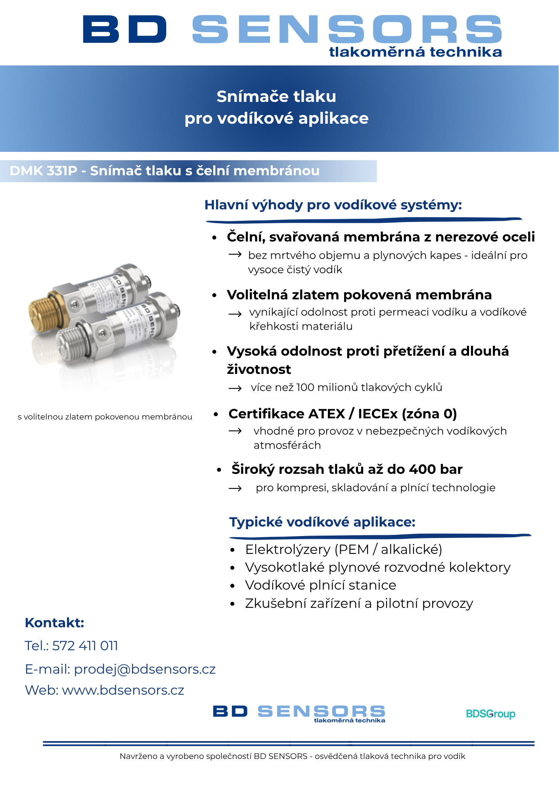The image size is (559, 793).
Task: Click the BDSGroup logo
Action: point(490,714)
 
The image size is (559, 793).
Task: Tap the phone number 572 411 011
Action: point(85,646)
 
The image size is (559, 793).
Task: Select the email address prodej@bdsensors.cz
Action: point(145,669)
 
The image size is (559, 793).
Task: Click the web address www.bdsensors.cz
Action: point(123,690)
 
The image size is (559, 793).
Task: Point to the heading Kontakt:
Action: point(54,623)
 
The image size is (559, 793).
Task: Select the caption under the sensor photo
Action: point(105,417)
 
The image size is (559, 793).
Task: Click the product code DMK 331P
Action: point(43,171)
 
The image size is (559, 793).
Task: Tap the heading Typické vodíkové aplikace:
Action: point(322,522)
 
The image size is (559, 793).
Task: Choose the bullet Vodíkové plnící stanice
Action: point(320,585)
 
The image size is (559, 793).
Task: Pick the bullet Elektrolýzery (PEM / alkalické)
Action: point(343,549)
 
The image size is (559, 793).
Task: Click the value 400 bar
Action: point(436,469)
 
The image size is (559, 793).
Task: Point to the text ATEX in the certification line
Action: point(326,414)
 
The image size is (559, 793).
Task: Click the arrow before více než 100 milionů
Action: point(235,388)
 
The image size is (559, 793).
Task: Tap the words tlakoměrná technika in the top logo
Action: point(415,52)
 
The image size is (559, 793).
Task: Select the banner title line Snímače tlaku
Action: point(276,96)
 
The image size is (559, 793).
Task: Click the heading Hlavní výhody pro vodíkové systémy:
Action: point(333,205)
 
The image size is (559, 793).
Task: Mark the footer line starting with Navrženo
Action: point(292,756)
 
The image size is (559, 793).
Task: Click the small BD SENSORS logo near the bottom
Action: point(299,713)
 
